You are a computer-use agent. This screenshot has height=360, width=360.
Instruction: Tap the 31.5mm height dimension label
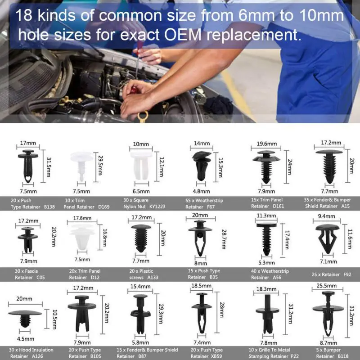[x=49, y=167]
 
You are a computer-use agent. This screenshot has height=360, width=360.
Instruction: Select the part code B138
[x=49, y=207]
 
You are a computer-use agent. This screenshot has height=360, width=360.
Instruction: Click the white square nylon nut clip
[x=141, y=165]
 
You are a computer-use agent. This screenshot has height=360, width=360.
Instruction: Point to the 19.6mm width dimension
[x=266, y=144]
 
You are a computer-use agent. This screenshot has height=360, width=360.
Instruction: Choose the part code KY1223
[x=157, y=207]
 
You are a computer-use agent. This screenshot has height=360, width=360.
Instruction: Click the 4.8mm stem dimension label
[x=201, y=191]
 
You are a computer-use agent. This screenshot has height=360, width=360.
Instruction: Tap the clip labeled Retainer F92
[x=328, y=239]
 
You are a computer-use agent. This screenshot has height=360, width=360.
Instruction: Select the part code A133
[x=153, y=277]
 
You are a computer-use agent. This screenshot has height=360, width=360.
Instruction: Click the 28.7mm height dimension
[x=224, y=239]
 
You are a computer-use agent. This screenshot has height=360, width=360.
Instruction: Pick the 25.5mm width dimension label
[x=327, y=286]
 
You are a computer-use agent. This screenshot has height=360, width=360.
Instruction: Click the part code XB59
[x=216, y=356]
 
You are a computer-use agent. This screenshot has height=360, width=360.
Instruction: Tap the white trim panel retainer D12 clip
[x=82, y=237]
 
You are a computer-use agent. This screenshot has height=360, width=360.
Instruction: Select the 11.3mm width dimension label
[x=266, y=216]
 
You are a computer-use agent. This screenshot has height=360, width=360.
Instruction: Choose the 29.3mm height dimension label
[x=161, y=314]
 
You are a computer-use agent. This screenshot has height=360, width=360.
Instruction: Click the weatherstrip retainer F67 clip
[x=201, y=166]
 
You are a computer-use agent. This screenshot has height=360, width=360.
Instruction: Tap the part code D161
[x=278, y=206]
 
